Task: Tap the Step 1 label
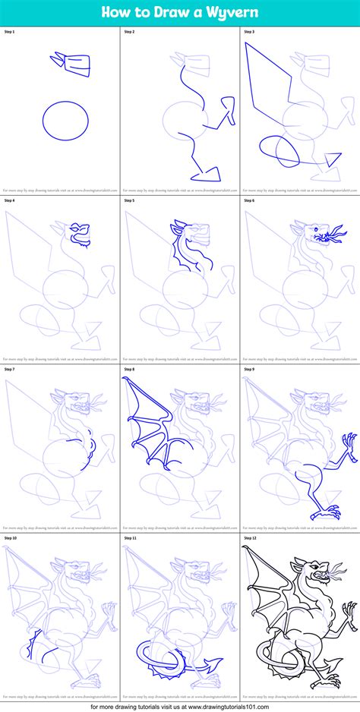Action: click(9, 32)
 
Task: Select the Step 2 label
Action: click(128, 32)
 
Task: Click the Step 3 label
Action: click(248, 32)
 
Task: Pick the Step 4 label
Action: click(9, 200)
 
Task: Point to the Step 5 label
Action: click(128, 200)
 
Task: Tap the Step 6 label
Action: click(248, 200)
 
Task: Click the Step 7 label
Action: click(9, 369)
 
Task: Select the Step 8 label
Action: click(128, 369)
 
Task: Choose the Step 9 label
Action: click(248, 369)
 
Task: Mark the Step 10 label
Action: click(10, 537)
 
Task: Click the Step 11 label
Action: click(129, 537)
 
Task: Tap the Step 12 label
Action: click(249, 537)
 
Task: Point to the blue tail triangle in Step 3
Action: click(332, 160)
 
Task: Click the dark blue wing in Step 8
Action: click(148, 425)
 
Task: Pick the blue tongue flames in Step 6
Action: click(330, 238)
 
